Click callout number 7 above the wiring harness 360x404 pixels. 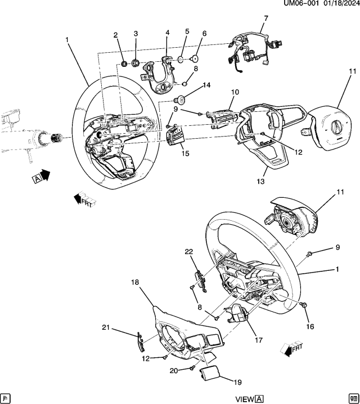tap(266, 19)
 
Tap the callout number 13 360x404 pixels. tap(260, 181)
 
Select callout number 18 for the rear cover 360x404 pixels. tap(135, 283)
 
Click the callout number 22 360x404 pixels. tap(189, 252)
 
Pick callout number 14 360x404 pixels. tap(206, 85)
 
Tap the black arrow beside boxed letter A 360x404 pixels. tap(46, 175)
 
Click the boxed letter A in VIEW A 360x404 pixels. tap(259, 399)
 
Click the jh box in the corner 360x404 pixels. tap(6, 398)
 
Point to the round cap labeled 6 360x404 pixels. tap(194, 59)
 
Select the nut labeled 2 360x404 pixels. tap(124, 63)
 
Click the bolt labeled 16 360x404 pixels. tap(304, 305)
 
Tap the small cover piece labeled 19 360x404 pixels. tap(210, 373)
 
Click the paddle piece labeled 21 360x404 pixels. tap(140, 342)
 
